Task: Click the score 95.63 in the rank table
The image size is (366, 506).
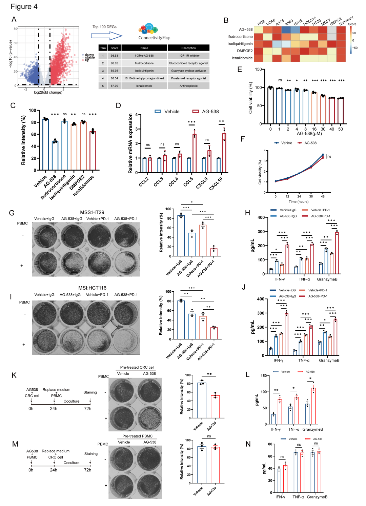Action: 114,56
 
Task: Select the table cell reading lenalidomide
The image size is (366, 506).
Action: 144,86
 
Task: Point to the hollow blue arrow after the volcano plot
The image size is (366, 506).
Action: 106,36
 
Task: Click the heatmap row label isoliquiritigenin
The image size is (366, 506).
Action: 240,44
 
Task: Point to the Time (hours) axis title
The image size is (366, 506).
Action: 298,201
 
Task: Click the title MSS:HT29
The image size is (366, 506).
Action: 92,212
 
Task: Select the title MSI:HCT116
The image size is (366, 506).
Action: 92,288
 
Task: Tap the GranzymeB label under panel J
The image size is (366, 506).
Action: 329,360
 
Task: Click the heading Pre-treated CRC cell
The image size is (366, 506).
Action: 137,367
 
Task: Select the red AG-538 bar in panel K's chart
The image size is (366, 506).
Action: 215,407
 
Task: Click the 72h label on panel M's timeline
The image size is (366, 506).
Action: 88,470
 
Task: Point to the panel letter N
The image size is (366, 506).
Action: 248,444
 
